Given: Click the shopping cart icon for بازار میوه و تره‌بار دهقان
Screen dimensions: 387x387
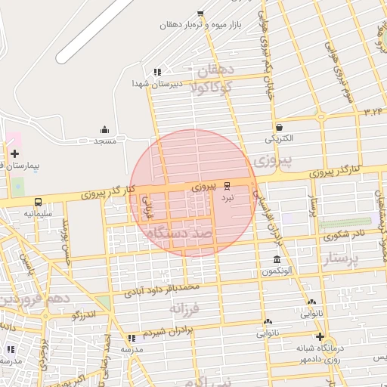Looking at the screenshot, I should coord(200,12).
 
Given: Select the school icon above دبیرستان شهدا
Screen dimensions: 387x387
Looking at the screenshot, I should coord(157,72).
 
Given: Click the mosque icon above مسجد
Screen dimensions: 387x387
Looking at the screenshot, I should coord(104,129).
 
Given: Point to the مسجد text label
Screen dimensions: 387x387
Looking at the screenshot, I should coord(104,141).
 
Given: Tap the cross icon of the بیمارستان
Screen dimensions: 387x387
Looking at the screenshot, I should coord(15,153).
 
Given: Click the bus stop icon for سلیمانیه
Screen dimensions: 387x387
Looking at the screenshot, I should coord(38,203).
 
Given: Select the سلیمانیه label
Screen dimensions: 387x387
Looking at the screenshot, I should coord(38,214).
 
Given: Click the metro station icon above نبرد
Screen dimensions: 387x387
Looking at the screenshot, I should coord(228,185).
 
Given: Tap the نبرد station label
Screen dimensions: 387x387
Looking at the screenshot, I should coord(228,197).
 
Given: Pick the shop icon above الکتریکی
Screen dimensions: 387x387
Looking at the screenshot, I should coord(280,127).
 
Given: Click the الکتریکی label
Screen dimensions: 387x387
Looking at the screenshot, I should coord(280,139).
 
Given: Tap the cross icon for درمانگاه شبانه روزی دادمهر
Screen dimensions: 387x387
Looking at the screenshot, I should coord(320,336).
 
